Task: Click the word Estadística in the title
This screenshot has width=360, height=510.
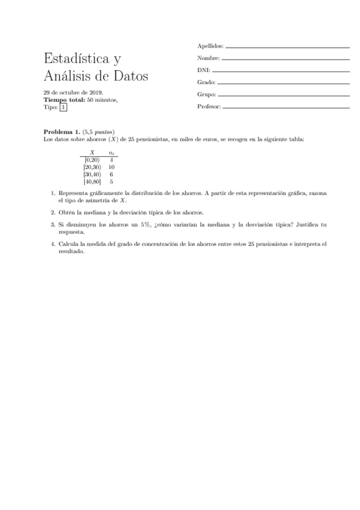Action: (75, 59)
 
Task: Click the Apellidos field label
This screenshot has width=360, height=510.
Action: (210, 46)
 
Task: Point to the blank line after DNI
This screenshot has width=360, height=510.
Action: (279, 71)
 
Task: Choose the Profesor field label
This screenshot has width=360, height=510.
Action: (209, 107)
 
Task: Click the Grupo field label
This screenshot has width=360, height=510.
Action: (206, 94)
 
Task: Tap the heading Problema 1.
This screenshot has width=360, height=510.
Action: (62, 131)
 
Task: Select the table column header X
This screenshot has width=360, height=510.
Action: (92, 153)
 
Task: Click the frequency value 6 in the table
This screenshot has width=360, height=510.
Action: (111, 174)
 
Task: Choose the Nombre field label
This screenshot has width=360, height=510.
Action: (208, 58)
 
